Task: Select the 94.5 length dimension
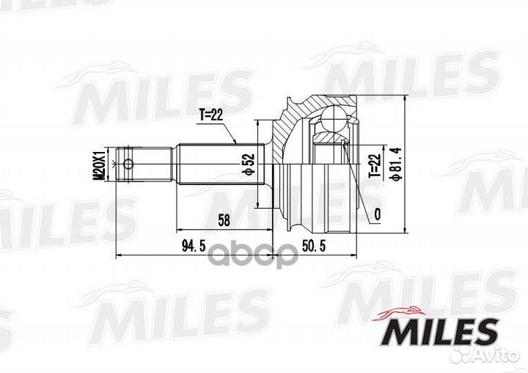[194, 246]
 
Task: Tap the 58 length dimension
[224, 220]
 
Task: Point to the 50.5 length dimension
[314, 246]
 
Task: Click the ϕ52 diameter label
[249, 164]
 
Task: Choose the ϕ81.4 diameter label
[395, 164]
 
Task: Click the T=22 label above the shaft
[211, 115]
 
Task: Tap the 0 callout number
[378, 214]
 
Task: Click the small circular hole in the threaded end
[128, 164]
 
